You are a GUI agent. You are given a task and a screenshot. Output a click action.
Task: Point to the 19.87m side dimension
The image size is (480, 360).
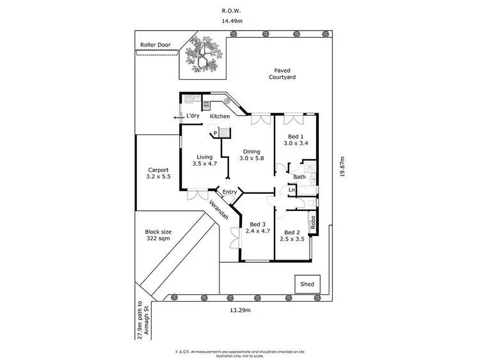(x=342, y=171)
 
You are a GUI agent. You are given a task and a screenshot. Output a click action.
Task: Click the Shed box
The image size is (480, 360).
(x=307, y=283)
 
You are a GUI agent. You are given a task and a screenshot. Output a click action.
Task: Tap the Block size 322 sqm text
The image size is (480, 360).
(x=158, y=235)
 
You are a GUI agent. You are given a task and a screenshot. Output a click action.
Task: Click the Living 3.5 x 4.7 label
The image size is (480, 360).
(x=205, y=160)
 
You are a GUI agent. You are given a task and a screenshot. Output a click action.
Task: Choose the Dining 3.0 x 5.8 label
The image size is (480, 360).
(x=251, y=155)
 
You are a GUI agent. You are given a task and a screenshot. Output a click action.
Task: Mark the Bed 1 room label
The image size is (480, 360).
(x=297, y=139)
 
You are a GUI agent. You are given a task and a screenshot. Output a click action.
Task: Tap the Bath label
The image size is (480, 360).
(x=299, y=177)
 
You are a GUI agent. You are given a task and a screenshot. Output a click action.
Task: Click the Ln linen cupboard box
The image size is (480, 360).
(x=291, y=190)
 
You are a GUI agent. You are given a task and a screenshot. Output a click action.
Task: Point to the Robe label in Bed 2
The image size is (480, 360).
(x=313, y=222)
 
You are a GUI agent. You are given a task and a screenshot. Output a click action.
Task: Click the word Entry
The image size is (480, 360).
(x=230, y=192)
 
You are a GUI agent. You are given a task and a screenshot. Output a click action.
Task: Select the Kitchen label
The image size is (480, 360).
(x=220, y=116)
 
